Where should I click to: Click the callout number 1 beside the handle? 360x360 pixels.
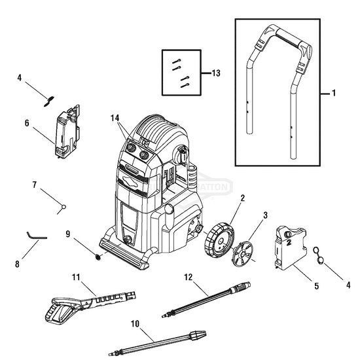click(333, 94)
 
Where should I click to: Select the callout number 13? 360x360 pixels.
click(215, 73)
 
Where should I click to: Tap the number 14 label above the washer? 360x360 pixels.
click(116, 118)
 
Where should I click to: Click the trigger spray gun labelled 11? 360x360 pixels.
click(85, 301)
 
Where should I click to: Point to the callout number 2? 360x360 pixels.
click(225, 198)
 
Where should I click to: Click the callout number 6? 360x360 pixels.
click(27, 122)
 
